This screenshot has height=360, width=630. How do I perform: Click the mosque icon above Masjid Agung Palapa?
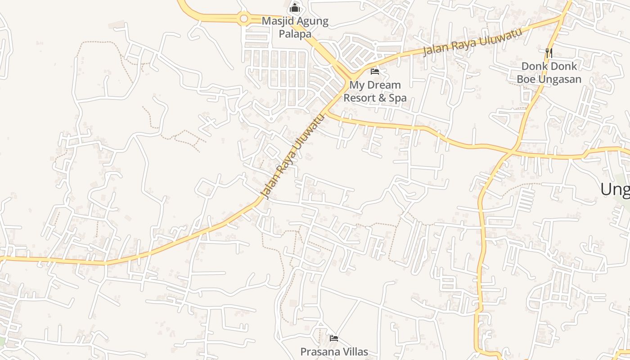tap(295, 8)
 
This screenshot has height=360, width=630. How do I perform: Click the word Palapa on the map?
tap(295, 34)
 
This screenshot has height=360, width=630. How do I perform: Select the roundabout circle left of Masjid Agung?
tap(244, 18)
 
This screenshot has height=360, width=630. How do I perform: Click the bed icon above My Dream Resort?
tap(374, 71)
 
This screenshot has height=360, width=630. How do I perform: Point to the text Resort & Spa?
tap(375, 98)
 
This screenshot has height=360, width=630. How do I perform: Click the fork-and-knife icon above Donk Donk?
tap(549, 53)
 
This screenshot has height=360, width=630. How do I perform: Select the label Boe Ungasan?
tap(549, 79)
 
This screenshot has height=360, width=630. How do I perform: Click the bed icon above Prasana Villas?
tap(333, 338)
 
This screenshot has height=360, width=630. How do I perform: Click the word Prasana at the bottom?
tap(319, 351)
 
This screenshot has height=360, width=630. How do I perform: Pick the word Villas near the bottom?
tap(355, 351)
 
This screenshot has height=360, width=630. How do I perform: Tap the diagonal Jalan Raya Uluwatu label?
tap(292, 157)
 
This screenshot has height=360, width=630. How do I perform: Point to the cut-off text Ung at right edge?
tap(616, 189)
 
